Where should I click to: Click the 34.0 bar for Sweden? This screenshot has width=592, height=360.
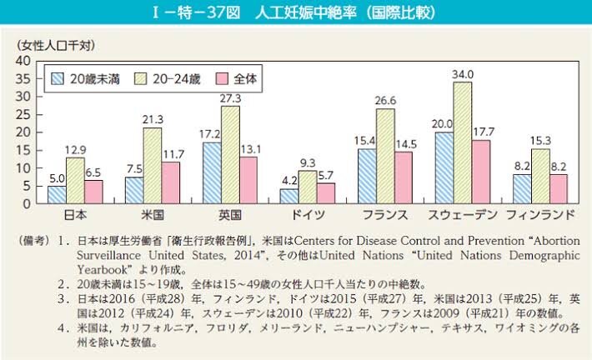pos(462,142)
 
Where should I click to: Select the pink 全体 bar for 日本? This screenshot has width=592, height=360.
pos(93,192)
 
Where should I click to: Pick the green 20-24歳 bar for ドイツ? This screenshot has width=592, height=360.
pos(308,187)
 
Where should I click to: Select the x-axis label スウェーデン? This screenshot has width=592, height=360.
pos(461,214)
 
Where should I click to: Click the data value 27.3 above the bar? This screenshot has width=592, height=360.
pos(229,98)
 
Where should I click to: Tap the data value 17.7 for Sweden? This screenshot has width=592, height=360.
pos(483,132)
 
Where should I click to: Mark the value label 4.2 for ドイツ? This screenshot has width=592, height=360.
pos(287,180)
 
